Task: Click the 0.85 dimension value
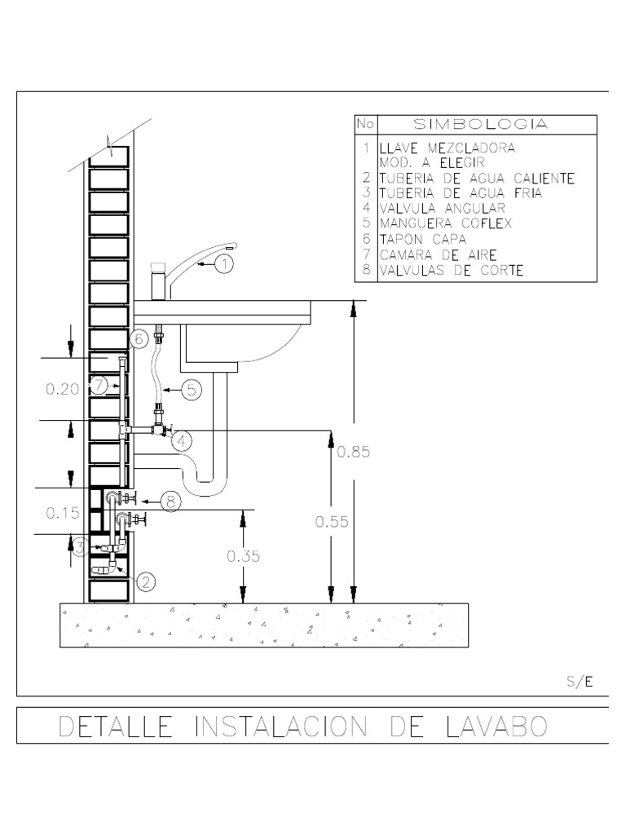[x=354, y=452]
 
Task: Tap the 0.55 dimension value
[x=332, y=522]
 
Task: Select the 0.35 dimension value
[x=243, y=556]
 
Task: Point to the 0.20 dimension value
[x=62, y=389]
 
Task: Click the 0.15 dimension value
[x=62, y=514]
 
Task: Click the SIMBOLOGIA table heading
[x=481, y=124]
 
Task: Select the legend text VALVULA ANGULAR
[x=443, y=208]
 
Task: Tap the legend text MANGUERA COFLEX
[x=446, y=223]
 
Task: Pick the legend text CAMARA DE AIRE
[x=438, y=255]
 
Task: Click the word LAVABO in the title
[x=496, y=727]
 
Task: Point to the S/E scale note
[x=580, y=681]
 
